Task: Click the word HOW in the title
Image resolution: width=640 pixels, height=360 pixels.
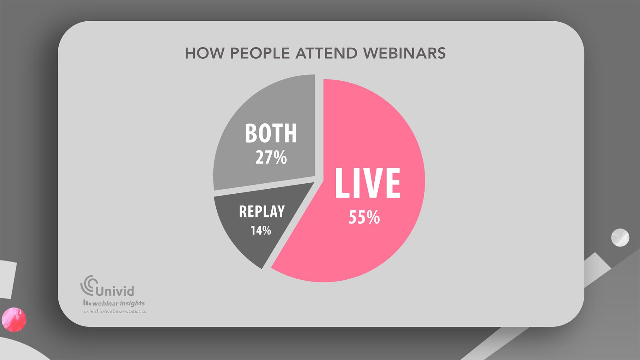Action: click(204, 53)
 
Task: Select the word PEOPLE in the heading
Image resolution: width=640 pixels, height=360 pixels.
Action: click(260, 53)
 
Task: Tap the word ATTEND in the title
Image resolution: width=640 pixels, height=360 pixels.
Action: click(326, 53)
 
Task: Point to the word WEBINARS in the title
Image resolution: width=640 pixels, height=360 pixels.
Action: click(404, 53)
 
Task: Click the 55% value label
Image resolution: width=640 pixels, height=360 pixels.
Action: click(364, 217)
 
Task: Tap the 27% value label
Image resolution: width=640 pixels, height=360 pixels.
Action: click(271, 158)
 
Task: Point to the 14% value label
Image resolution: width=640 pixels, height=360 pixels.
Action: click(261, 231)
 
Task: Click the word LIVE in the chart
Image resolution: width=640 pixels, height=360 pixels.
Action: click(367, 183)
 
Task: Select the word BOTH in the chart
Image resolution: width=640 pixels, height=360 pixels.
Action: click(271, 133)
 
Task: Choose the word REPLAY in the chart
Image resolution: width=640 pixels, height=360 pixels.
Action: click(262, 212)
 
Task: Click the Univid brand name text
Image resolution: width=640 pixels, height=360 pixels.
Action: click(115, 291)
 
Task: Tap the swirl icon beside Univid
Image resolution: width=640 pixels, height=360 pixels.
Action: click(88, 285)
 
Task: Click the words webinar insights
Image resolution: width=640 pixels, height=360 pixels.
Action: click(118, 304)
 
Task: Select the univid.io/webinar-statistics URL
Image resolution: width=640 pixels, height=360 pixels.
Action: click(115, 312)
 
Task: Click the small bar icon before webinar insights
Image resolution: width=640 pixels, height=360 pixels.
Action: click(87, 303)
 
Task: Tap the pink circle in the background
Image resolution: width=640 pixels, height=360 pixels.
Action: click(14, 320)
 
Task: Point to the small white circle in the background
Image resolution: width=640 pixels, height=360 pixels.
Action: click(620, 237)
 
